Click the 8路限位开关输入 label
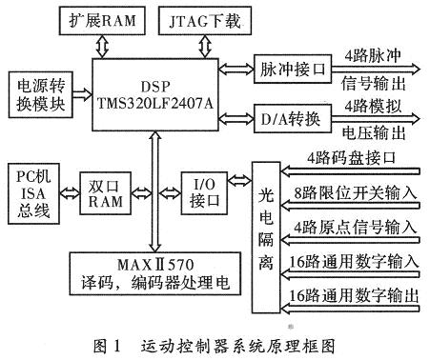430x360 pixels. pyautogui.click(x=358, y=192)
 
